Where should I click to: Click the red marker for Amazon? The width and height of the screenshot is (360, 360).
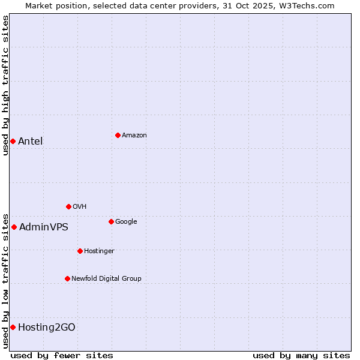tap(118, 135)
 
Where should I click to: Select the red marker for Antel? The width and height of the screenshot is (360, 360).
tap(13, 141)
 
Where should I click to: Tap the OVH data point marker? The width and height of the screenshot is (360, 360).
tap(68, 206)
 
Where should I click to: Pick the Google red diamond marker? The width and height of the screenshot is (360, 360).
tap(111, 221)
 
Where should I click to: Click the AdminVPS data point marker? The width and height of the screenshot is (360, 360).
tap(14, 227)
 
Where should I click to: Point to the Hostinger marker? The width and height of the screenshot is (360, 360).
tap(80, 251)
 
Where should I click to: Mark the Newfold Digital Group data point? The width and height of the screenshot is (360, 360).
tap(67, 278)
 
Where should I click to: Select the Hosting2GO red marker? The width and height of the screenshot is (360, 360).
tap(13, 327)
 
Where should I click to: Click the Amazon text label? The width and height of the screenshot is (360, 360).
tap(134, 136)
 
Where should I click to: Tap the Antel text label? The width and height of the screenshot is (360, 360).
tap(31, 142)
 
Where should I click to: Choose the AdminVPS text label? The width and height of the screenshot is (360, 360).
tap(44, 227)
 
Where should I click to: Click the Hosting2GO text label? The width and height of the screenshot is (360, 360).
tap(47, 328)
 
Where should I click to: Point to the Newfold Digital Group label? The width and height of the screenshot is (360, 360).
tap(106, 278)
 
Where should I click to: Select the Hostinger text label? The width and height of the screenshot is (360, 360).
tap(99, 251)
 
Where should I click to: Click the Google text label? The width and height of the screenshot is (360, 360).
tap(126, 221)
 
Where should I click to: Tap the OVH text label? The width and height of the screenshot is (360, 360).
tap(80, 206)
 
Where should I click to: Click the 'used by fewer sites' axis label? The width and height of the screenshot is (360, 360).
tap(62, 355)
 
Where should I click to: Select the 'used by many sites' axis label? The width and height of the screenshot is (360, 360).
tap(301, 355)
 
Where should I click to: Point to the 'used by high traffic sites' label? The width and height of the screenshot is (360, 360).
tap(5, 85)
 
